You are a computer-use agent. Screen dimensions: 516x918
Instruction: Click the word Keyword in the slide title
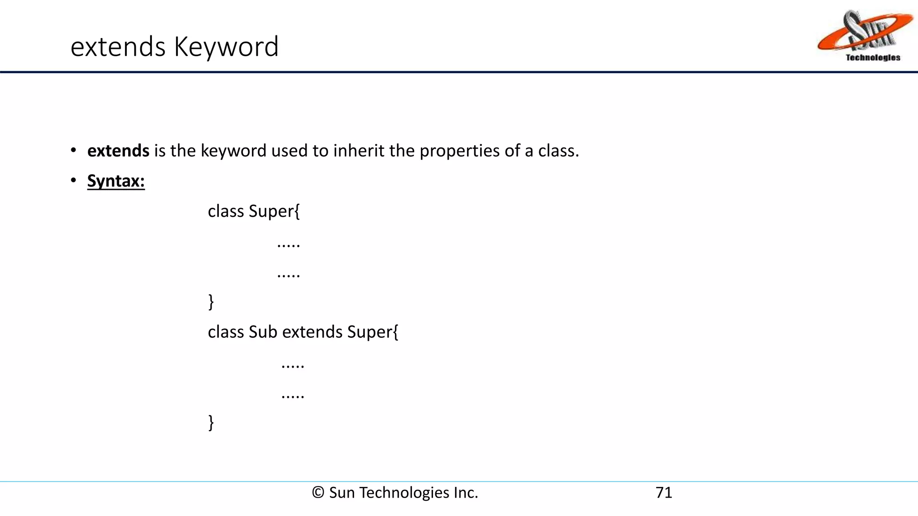pyautogui.click(x=226, y=47)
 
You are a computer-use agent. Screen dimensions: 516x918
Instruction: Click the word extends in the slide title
pyautogui.click(x=118, y=47)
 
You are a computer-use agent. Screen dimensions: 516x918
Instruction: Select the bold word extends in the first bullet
pyautogui.click(x=118, y=151)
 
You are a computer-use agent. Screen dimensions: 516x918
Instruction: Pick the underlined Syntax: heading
pyautogui.click(x=116, y=181)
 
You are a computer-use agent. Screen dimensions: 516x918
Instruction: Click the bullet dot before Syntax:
pyautogui.click(x=74, y=181)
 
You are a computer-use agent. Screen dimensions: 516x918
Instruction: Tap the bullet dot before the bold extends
pyautogui.click(x=74, y=150)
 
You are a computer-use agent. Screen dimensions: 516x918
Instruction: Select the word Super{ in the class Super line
pyautogui.click(x=274, y=211)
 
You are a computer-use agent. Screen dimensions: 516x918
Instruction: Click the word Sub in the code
pyautogui.click(x=263, y=332)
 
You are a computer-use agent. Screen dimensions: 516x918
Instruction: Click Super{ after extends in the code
pyautogui.click(x=372, y=332)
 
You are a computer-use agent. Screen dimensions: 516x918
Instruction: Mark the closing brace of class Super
pyautogui.click(x=211, y=302)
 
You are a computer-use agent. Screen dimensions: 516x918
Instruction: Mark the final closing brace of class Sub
pyautogui.click(x=211, y=422)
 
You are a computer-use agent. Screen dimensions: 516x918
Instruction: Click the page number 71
pyautogui.click(x=663, y=493)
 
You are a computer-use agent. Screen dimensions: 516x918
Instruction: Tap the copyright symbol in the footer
pyautogui.click(x=318, y=493)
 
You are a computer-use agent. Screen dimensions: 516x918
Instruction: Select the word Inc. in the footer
pyautogui.click(x=465, y=493)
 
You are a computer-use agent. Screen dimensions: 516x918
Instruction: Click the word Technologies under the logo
pyautogui.click(x=873, y=57)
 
